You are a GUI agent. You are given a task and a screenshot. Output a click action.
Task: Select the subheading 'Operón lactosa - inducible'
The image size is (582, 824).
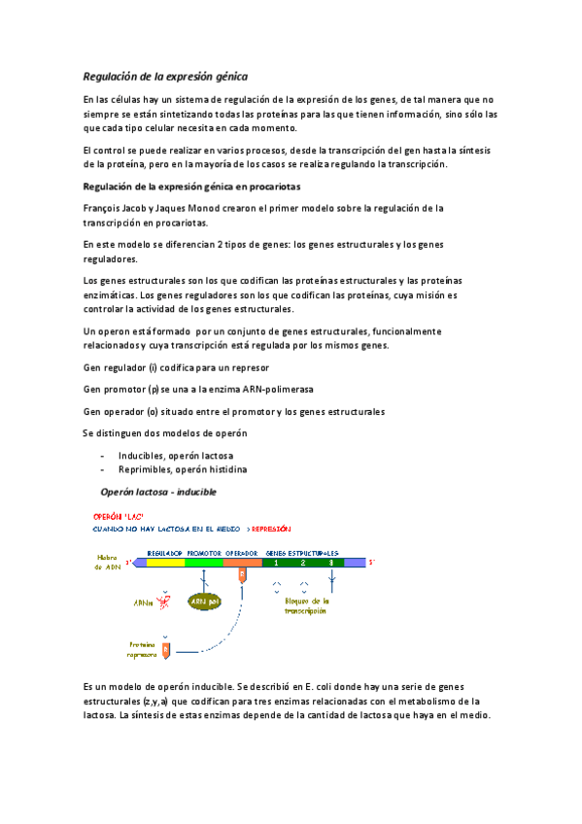158,492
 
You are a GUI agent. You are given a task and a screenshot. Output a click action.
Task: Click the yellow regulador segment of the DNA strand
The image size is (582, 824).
165,563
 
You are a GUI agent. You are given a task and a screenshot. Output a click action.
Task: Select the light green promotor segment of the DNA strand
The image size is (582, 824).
204,563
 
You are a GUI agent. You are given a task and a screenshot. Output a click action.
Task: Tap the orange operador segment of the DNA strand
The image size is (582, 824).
241,563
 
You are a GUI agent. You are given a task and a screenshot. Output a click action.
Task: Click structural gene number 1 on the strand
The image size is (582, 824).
277,563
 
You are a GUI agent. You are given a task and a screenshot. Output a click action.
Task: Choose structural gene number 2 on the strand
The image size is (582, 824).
303,563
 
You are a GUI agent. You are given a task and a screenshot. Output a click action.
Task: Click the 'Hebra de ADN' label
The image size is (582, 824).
107,562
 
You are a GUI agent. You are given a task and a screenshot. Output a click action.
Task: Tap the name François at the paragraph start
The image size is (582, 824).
107,208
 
